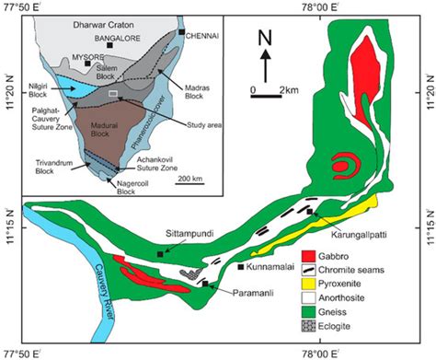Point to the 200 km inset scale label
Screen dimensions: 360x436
[x=190, y=178]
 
